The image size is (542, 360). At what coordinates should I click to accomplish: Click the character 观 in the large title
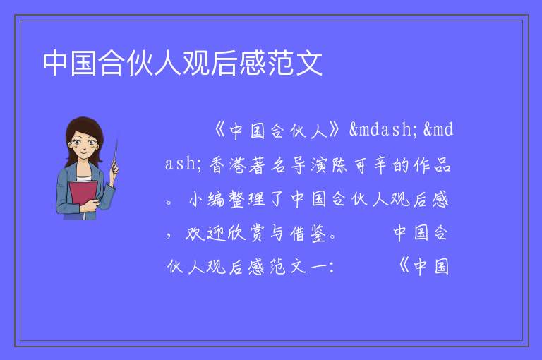pyautogui.click(x=197, y=63)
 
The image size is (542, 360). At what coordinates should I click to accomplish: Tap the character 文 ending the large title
pyautogui.click(x=308, y=63)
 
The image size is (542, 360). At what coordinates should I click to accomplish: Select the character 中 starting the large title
pyautogui.click(x=56, y=63)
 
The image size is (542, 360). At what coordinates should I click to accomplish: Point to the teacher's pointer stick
pyautogui.click(x=115, y=155)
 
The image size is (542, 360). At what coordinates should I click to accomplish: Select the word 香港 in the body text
pyautogui.click(x=228, y=164)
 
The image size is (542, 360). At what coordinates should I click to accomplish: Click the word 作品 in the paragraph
pyautogui.click(x=432, y=164)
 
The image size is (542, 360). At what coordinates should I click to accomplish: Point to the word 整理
pyautogui.click(x=248, y=199)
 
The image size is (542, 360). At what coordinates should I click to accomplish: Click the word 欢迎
pyautogui.click(x=205, y=234)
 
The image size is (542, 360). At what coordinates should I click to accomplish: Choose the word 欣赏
pyautogui.click(x=246, y=234)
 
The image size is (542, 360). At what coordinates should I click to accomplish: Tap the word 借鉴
pyautogui.click(x=308, y=234)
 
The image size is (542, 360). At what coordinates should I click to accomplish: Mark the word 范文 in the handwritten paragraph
pyautogui.click(x=288, y=267)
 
